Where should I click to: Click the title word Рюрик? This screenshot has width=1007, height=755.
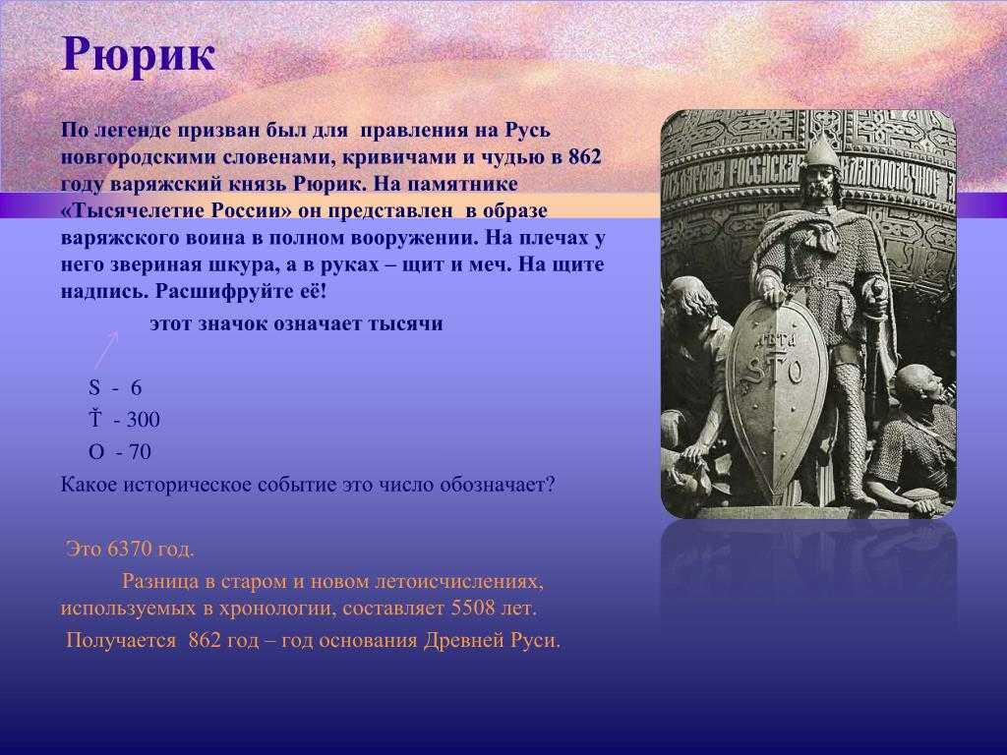coord(138,56)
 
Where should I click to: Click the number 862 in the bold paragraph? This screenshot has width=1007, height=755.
coord(584,157)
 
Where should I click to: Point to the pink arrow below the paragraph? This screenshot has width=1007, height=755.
coord(106,350)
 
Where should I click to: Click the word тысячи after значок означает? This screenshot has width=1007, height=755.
coord(405,323)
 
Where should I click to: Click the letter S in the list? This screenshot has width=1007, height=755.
coord(94,387)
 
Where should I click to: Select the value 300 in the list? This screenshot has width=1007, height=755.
coord(144,420)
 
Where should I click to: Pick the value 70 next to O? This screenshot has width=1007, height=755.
coord(140,452)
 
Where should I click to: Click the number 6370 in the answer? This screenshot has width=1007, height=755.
coord(131,550)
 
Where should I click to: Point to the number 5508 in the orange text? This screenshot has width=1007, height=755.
coord(473,608)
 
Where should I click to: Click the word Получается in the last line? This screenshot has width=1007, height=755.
coord(121,641)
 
